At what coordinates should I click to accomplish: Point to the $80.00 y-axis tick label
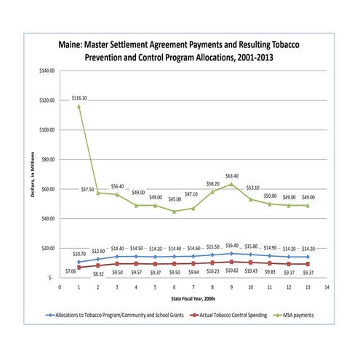pos(49,159)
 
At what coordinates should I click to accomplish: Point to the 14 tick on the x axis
pos(327,287)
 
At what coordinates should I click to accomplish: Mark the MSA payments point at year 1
pos(79,106)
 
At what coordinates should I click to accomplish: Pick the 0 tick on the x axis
pos(60,287)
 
